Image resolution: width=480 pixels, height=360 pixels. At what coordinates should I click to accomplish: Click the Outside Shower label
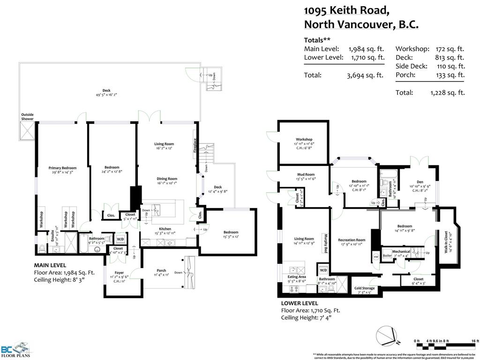coord(27,117)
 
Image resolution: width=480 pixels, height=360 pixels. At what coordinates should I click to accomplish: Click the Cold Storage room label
coord(364,288)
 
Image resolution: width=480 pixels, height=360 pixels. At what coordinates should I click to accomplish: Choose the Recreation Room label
coord(352,240)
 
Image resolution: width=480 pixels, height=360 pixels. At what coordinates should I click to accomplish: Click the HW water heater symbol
coord(376,257)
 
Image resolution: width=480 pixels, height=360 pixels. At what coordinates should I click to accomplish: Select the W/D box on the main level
coord(120,239)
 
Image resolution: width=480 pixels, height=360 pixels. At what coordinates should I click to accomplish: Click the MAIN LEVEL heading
coord(50,265)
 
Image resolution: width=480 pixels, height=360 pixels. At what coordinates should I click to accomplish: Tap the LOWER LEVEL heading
coord(300,303)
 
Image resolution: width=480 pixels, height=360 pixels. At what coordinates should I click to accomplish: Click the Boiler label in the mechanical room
coord(387,256)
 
